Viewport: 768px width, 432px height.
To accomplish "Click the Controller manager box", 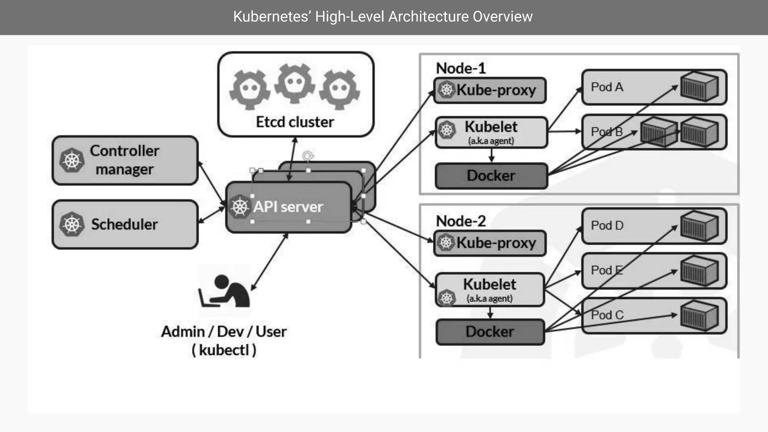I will [125, 160].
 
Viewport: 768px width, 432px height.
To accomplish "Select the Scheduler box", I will [125, 224].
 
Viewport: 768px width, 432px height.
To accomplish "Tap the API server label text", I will [288, 207].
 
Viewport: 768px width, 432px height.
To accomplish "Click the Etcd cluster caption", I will [295, 122].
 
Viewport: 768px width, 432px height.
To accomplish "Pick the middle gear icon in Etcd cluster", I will [295, 83].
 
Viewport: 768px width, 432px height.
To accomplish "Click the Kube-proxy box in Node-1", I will [490, 90].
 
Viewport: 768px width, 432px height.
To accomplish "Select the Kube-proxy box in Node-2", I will [490, 243].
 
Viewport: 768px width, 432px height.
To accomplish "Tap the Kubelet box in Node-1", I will [491, 132].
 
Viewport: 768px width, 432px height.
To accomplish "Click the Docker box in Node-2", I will [490, 332].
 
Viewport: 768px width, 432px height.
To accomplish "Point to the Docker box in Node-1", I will [491, 176].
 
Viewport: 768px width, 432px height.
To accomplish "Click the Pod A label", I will [607, 87].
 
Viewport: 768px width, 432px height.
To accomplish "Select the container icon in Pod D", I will [699, 226].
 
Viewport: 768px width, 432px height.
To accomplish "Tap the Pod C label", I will [607, 315].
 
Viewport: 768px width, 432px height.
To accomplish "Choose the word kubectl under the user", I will [224, 350].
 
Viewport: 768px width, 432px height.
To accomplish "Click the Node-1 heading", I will [461, 68].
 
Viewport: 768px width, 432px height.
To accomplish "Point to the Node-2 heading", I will [461, 221].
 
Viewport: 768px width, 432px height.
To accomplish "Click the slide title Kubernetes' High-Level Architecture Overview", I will [383, 16].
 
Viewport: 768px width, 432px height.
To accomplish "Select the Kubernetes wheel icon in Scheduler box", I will [72, 224].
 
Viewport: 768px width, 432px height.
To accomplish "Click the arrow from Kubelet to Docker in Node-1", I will [491, 155].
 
